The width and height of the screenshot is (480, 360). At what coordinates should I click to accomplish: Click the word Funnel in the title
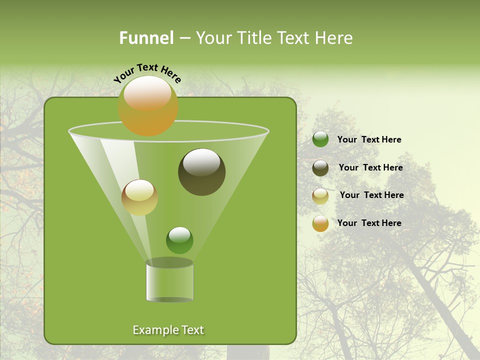(x=146, y=38)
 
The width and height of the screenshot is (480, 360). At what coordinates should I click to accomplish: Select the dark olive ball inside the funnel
(x=202, y=172)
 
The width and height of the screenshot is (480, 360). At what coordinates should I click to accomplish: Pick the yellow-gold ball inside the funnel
(x=139, y=197)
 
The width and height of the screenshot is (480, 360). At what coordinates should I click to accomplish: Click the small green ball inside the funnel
(x=179, y=240)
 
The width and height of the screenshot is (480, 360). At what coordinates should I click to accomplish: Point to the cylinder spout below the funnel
(x=169, y=281)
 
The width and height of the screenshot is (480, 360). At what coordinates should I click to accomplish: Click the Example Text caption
(x=168, y=330)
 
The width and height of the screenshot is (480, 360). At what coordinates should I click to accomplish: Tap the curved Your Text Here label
(x=147, y=73)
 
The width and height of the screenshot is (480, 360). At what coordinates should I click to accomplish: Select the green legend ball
(x=320, y=139)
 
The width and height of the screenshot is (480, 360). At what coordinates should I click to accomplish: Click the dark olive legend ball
(x=320, y=168)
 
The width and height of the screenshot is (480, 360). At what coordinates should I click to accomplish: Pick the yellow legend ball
(x=320, y=196)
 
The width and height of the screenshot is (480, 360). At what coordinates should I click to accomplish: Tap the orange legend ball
(x=320, y=223)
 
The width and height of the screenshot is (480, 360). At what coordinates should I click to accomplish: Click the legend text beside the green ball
(x=369, y=139)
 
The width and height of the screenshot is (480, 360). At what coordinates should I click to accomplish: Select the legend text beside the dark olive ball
(x=370, y=167)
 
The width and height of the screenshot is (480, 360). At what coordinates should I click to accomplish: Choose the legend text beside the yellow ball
(x=371, y=195)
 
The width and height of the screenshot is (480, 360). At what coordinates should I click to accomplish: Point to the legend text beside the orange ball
(x=369, y=223)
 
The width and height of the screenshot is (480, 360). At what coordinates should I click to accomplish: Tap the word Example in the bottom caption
(x=154, y=330)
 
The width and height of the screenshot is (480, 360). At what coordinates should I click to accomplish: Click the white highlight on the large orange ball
(x=147, y=93)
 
